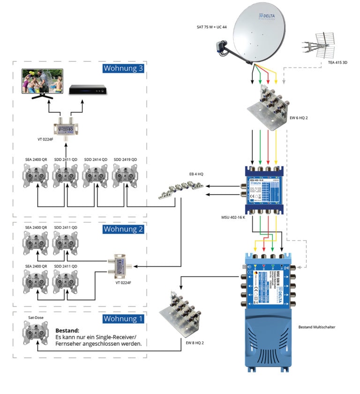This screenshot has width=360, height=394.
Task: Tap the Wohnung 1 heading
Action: point(122,319)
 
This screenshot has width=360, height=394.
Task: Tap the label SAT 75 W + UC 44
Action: point(211,28)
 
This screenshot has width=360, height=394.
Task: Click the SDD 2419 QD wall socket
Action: point(126,178)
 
